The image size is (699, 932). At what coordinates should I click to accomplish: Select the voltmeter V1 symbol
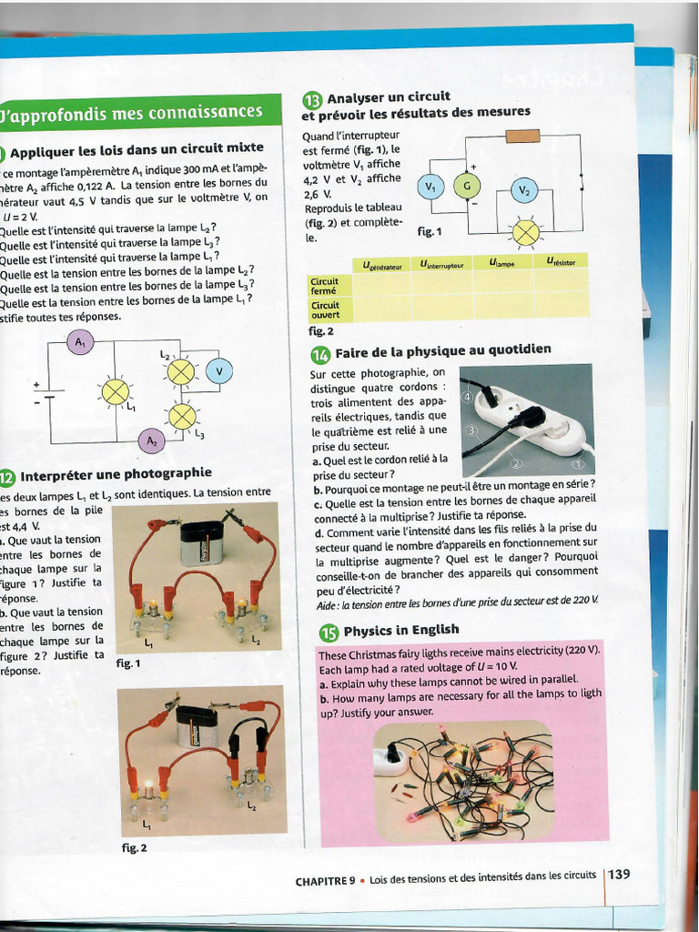429,187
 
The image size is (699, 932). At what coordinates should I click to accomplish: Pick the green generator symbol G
467,187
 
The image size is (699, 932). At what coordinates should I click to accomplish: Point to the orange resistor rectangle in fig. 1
522,137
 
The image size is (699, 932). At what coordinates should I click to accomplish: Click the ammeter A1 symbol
81,342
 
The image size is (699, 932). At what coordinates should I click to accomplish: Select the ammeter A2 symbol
150,441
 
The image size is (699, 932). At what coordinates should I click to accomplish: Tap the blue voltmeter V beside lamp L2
218,370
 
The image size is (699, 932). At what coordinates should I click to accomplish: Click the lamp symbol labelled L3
182,416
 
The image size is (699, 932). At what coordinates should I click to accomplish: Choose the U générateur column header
381,265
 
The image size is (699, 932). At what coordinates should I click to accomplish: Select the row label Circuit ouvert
325,309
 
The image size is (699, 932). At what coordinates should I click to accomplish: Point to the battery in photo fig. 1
200,542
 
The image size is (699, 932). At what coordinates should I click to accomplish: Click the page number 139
620,875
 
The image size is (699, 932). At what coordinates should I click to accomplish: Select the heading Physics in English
400,630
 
